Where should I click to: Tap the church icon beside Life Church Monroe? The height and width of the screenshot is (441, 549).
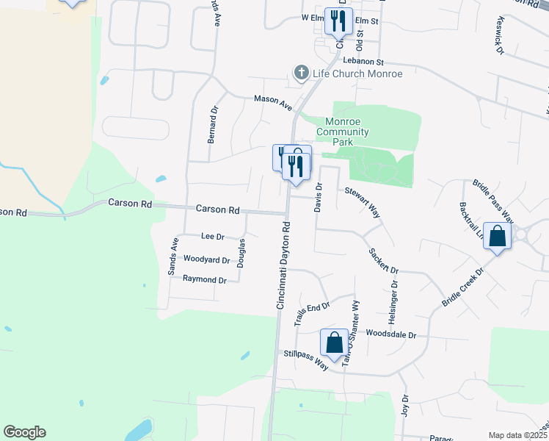(x=300, y=73)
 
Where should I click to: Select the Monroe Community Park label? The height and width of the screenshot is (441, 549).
(x=342, y=132)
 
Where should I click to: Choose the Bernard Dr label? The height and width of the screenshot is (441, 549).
(x=211, y=124)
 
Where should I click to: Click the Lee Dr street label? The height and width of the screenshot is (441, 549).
(x=212, y=237)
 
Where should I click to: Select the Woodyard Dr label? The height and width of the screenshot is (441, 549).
(x=206, y=259)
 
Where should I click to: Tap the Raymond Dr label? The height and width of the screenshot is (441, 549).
(x=205, y=279)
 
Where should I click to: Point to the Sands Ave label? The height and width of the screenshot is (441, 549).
(x=174, y=256)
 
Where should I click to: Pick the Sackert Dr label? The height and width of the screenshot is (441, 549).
(x=383, y=260)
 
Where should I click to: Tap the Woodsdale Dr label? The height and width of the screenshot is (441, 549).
(x=391, y=334)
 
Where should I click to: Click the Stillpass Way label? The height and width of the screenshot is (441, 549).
(x=306, y=358)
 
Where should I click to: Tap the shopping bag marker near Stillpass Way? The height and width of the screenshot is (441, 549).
(x=334, y=343)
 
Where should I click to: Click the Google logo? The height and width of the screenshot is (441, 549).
(x=24, y=432)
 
